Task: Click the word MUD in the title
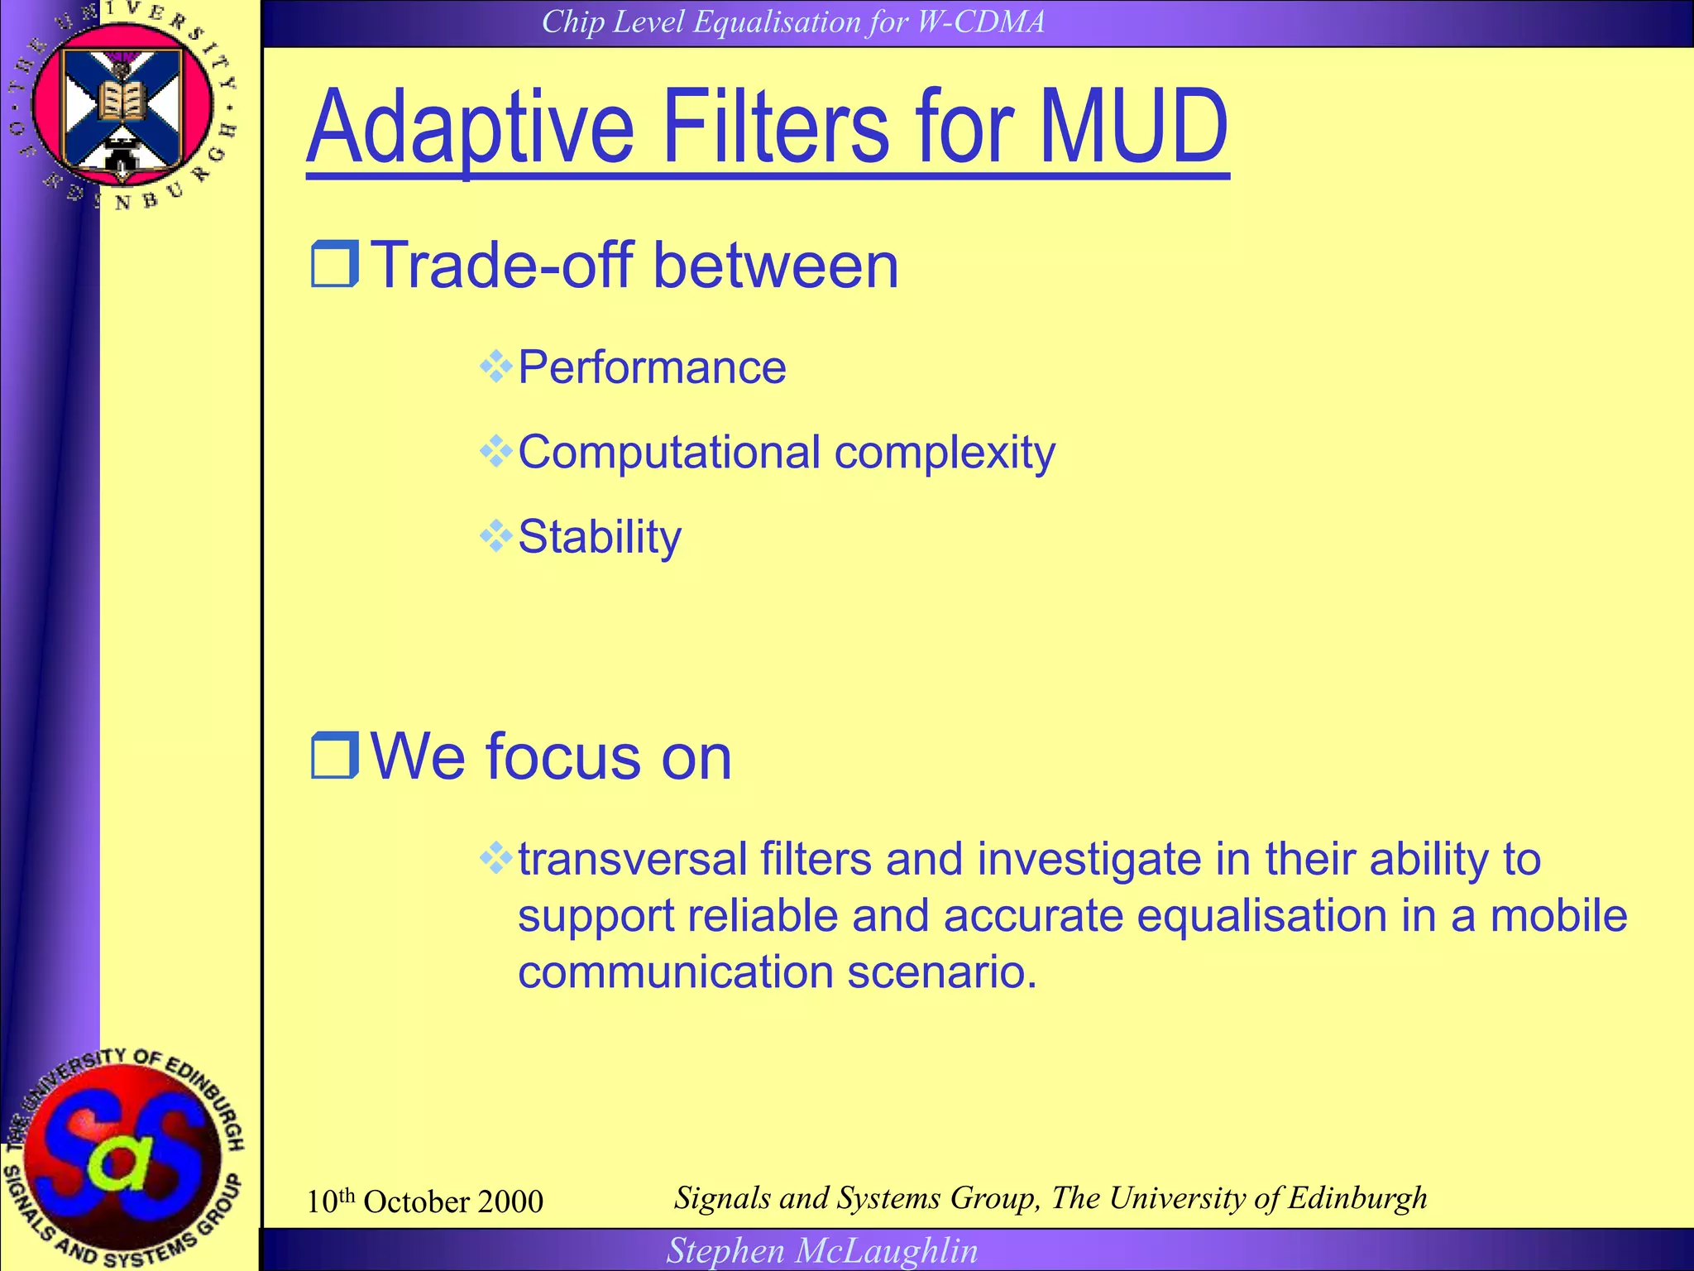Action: [x=1133, y=128]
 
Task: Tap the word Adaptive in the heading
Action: [x=470, y=128]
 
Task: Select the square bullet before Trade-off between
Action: [x=334, y=264]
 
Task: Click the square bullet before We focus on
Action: [x=334, y=755]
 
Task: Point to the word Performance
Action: [x=652, y=367]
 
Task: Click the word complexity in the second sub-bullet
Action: [x=945, y=453]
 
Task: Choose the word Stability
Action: [x=600, y=537]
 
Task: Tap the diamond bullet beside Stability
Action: [x=495, y=536]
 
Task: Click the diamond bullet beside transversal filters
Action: [x=495, y=858]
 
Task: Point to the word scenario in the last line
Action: [x=940, y=971]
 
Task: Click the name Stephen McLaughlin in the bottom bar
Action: [x=822, y=1251]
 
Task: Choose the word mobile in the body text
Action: [x=1558, y=916]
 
